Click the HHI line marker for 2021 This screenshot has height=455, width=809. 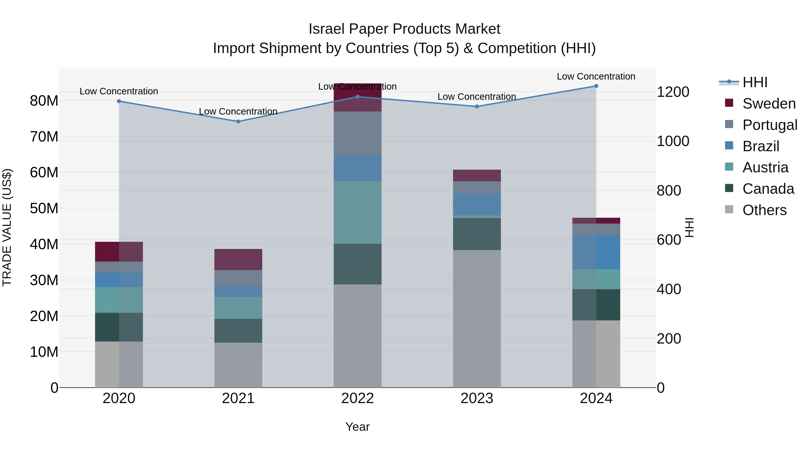point(238,122)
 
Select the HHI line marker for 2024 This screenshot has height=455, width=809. point(596,86)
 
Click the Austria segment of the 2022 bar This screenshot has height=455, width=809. point(357,212)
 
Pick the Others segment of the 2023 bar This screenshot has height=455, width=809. point(477,318)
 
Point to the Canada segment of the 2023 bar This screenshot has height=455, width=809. point(477,234)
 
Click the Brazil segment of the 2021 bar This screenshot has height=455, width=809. point(238,291)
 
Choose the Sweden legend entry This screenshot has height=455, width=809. point(769,104)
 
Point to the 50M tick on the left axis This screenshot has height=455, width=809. point(44,209)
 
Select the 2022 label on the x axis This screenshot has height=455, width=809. point(357,398)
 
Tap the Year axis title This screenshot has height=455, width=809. point(357,427)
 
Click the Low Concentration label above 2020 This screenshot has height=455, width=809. point(119,91)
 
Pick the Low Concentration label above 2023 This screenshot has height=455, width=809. point(477,97)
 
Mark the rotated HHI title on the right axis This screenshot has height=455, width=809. point(689,227)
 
